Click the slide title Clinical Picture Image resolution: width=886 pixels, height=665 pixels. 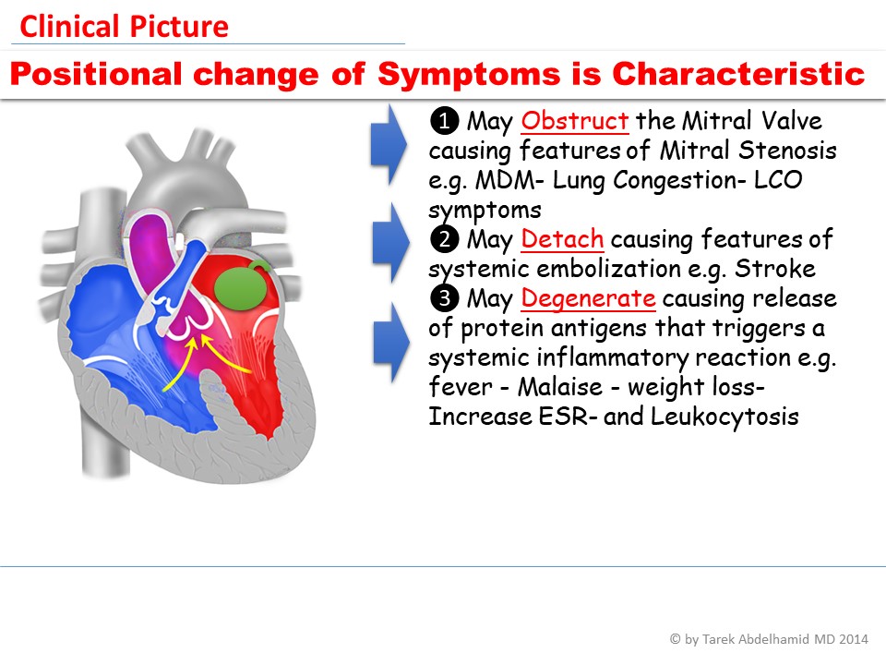click(x=124, y=27)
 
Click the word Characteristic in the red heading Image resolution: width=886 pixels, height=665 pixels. click(x=738, y=74)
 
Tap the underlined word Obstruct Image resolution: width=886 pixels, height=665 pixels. click(x=575, y=121)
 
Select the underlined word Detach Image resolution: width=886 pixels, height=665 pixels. click(x=562, y=239)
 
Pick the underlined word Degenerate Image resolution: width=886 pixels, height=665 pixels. click(x=588, y=298)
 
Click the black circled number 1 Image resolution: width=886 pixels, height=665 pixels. click(x=444, y=121)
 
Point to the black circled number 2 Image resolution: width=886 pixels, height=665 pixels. click(x=444, y=239)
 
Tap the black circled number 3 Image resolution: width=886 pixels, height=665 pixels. click(x=444, y=298)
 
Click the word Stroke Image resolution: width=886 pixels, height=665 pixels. click(x=774, y=269)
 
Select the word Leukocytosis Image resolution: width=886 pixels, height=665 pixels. click(x=724, y=417)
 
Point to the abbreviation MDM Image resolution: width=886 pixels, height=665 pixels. click(x=505, y=180)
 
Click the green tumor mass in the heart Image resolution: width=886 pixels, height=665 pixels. click(x=242, y=287)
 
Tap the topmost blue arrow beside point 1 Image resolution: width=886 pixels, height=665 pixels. click(x=389, y=145)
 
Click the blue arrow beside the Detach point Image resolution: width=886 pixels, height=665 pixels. click(x=391, y=243)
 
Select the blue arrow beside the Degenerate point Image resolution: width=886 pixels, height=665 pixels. click(x=391, y=343)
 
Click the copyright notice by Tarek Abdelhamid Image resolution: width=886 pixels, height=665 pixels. click(x=769, y=639)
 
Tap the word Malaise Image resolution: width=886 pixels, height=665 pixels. click(x=560, y=387)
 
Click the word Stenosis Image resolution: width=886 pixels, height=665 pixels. click(x=787, y=151)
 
